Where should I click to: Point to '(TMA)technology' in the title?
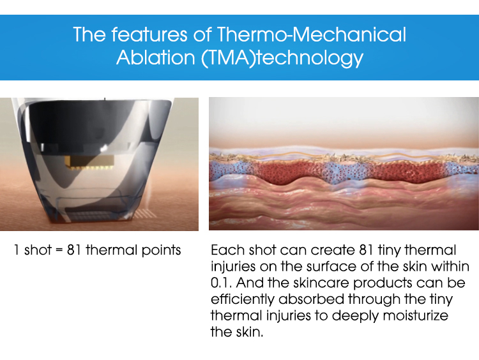(x=284, y=58)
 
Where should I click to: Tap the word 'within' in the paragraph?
(x=452, y=266)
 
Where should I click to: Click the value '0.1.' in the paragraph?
(x=222, y=283)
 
